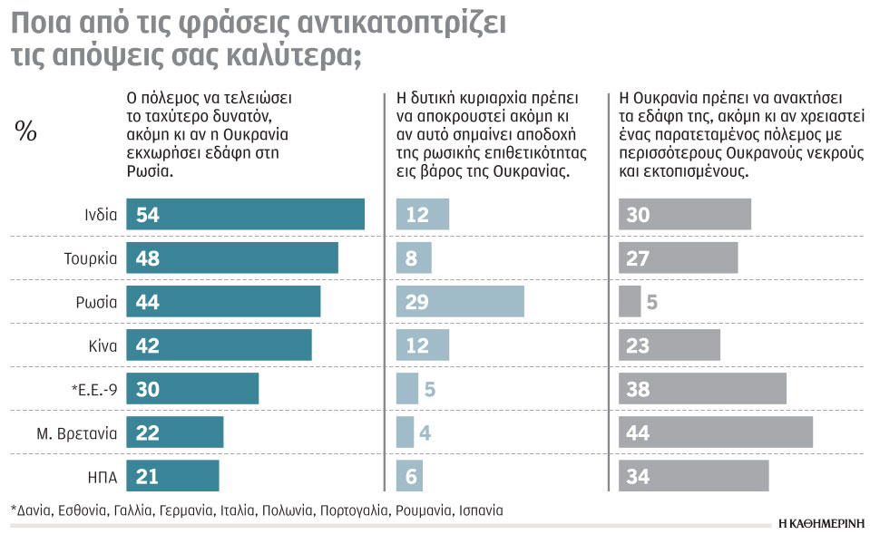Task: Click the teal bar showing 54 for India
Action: (245, 215)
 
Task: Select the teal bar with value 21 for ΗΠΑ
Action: (172, 476)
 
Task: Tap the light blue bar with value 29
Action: (460, 302)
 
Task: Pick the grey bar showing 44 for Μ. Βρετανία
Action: (715, 432)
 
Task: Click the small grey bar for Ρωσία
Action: (630, 302)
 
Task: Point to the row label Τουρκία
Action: (90, 258)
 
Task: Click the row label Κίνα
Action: (100, 345)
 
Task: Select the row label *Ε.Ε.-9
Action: (93, 389)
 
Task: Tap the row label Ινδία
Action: (98, 215)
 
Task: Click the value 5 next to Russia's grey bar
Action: (651, 302)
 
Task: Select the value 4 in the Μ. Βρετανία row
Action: (425, 432)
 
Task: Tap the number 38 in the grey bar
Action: (639, 389)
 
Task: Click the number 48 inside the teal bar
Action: (147, 258)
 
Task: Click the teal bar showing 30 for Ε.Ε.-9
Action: (191, 389)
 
